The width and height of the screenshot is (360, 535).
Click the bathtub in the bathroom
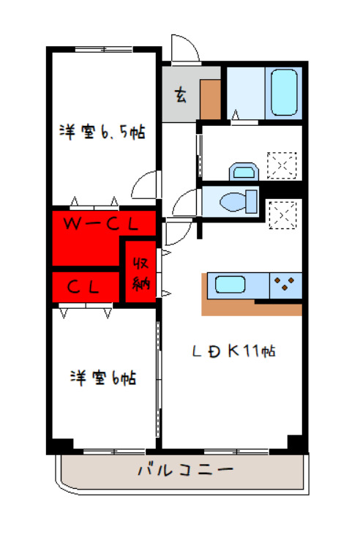[284, 92]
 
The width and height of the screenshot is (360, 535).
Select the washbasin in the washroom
[244, 171]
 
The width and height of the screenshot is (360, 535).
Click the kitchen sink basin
[230, 285]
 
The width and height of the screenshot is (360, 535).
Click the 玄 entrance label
[181, 95]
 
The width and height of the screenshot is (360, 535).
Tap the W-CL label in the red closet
[102, 224]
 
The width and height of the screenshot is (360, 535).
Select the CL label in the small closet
[83, 287]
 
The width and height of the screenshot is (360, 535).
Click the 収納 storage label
[141, 273]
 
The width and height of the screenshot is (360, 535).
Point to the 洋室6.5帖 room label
[102, 131]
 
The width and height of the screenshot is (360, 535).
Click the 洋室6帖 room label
[103, 378]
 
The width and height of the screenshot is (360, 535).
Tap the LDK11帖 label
[233, 351]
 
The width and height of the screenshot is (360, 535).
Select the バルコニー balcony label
[186, 470]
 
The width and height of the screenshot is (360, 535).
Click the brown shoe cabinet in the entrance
[210, 100]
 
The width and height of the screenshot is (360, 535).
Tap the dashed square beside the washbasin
[282, 165]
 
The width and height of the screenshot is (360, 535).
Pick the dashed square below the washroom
[282, 215]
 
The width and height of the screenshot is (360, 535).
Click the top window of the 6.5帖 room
[104, 50]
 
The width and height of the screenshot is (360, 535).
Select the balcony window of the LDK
[237, 452]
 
